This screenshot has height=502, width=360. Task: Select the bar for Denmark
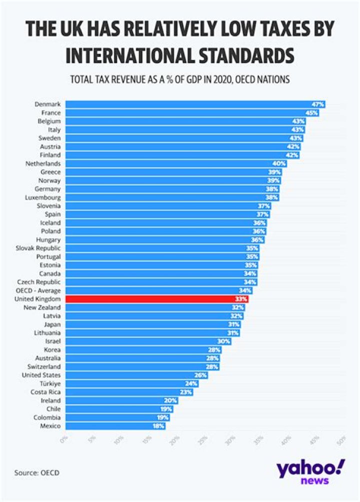coord(190,104)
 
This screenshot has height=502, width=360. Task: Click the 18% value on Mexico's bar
coord(157,426)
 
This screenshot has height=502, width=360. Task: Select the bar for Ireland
coord(115,400)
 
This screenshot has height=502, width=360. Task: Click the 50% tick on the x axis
coord(342,440)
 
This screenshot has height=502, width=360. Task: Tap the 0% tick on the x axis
coord(63,440)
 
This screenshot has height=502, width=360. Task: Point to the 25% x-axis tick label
coord(202,440)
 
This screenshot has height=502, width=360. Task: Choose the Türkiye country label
coord(49,383)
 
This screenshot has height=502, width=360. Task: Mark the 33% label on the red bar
coord(241,298)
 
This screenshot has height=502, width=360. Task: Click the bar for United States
coord(135,375)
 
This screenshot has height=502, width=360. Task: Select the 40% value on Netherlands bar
coord(279,163)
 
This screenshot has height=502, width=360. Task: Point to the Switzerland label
coord(44,366)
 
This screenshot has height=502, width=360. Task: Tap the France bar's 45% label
coord(312,113)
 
